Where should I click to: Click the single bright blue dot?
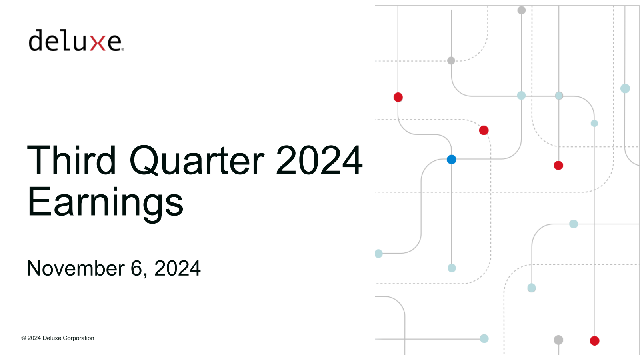pyautogui.click(x=452, y=160)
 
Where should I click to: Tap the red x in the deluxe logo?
pyautogui.click(x=98, y=43)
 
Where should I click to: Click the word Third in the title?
pyautogui.click(x=72, y=160)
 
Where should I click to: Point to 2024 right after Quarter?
pyautogui.click(x=319, y=160)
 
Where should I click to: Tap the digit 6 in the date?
pyautogui.click(x=136, y=268)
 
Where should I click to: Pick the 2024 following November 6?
pyautogui.click(x=177, y=268)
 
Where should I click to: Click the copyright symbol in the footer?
pyautogui.click(x=24, y=338)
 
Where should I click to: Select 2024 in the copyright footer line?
pyautogui.click(x=34, y=338)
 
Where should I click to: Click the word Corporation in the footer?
pyautogui.click(x=78, y=338)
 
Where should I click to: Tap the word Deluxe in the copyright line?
pyautogui.click(x=52, y=338)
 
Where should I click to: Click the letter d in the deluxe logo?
pyautogui.click(x=36, y=40)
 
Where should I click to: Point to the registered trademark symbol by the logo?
pyautogui.click(x=123, y=50)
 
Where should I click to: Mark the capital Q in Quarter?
pyautogui.click(x=144, y=160)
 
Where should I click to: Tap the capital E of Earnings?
pyautogui.click(x=39, y=202)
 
